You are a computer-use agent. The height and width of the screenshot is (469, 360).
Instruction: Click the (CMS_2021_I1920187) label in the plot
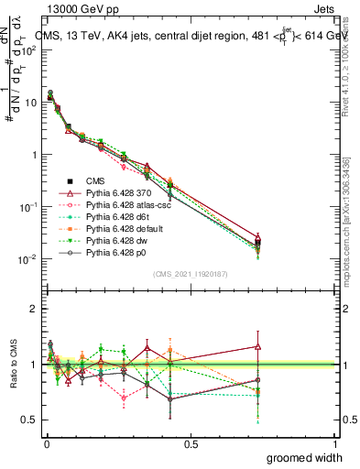tap(191, 273)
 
